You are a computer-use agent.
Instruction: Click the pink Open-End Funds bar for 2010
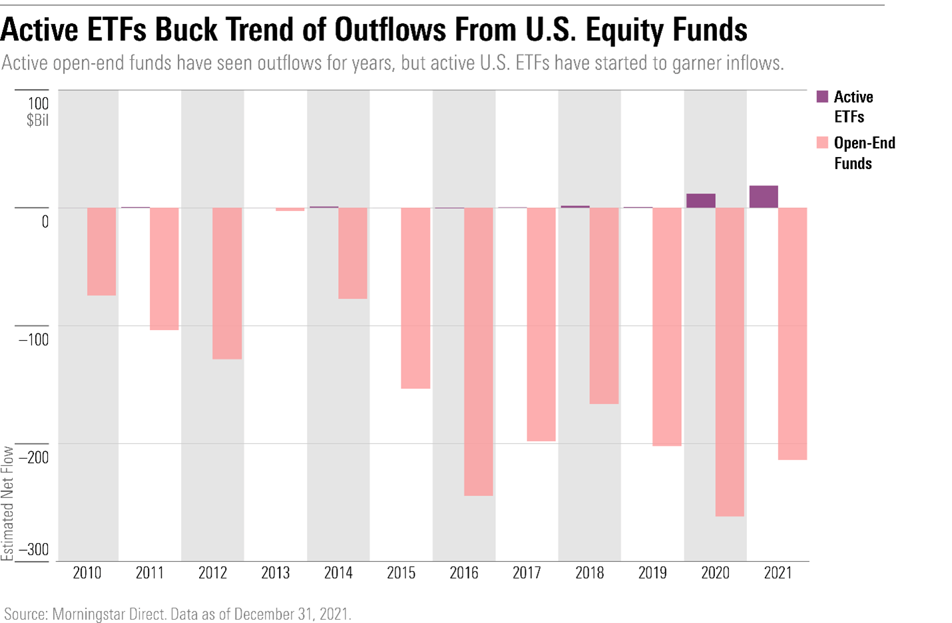pyautogui.click(x=101, y=251)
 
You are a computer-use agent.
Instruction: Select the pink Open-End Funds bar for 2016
pyautogui.click(x=478, y=351)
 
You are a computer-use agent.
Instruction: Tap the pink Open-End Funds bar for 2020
pyautogui.click(x=730, y=361)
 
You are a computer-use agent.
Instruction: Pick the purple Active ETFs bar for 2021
pyautogui.click(x=763, y=196)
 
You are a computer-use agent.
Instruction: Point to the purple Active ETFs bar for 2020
pyautogui.click(x=700, y=200)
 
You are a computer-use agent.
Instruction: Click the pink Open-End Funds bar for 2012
pyautogui.click(x=227, y=283)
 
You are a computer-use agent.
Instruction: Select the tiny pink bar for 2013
pyautogui.click(x=290, y=209)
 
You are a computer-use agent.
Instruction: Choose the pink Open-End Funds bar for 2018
pyautogui.click(x=604, y=306)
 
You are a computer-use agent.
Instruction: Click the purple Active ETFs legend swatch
pyautogui.click(x=822, y=97)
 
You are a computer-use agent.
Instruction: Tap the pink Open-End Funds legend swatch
pyautogui.click(x=822, y=143)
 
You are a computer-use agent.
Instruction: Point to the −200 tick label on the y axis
pyautogui.click(x=33, y=457)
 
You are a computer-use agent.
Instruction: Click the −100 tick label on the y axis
pyautogui.click(x=33, y=339)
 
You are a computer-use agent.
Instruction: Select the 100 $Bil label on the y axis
pyautogui.click(x=37, y=111)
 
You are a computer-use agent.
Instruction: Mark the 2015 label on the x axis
pyautogui.click(x=401, y=573)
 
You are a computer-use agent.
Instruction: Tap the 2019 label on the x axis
pyautogui.click(x=652, y=573)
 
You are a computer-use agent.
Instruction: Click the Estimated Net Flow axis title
pyautogui.click(x=7, y=503)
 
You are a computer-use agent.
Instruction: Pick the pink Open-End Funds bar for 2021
pyautogui.click(x=792, y=333)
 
